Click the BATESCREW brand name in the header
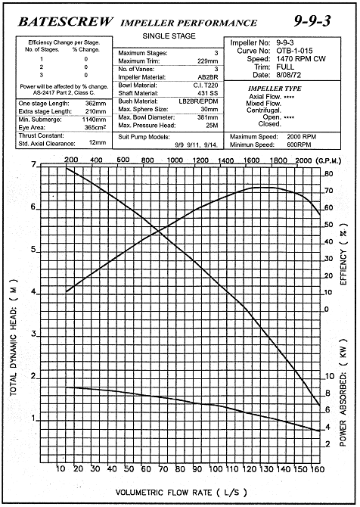(66, 22)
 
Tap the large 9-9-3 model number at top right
(312, 21)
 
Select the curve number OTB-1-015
(294, 51)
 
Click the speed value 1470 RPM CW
(301, 59)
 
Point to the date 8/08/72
(289, 75)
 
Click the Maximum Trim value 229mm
(208, 61)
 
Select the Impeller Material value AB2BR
(208, 77)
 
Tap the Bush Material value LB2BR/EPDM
(198, 101)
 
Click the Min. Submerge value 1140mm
(94, 120)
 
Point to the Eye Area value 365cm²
(95, 127)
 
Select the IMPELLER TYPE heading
(275, 89)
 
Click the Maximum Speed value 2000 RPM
(301, 137)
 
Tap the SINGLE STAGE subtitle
(169, 36)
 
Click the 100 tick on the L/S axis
(216, 469)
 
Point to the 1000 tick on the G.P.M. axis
(175, 160)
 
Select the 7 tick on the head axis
(34, 165)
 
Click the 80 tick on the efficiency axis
(328, 174)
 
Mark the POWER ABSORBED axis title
(343, 393)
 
